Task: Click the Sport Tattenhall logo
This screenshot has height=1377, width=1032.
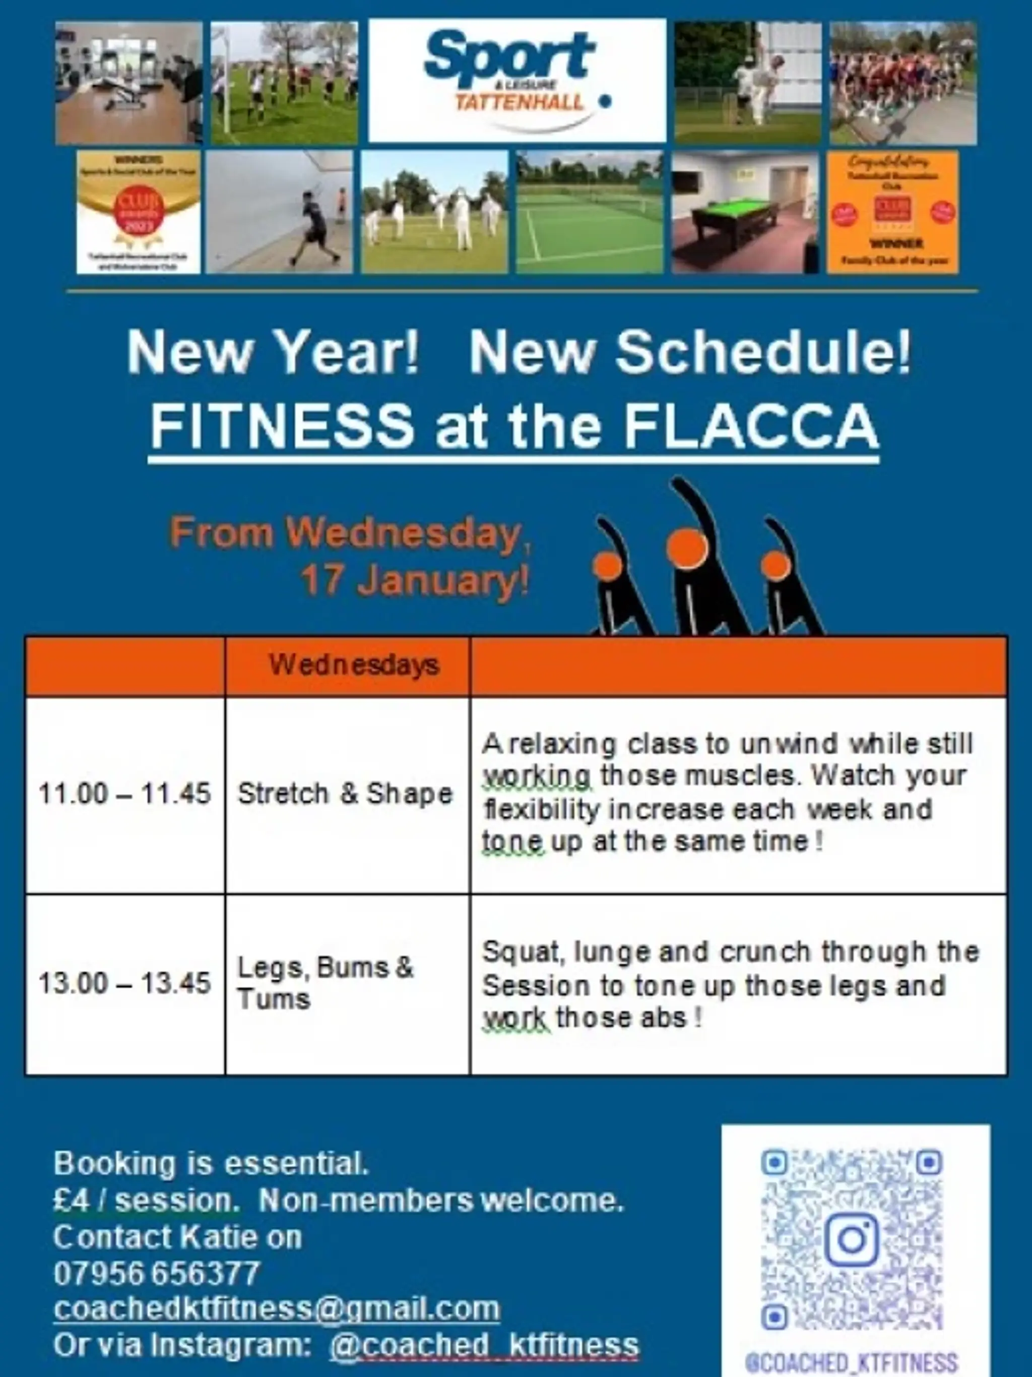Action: [517, 80]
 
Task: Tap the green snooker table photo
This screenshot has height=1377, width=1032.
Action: [745, 212]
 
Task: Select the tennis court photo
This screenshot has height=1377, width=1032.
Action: [589, 212]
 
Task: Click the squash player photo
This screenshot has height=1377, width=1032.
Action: [279, 212]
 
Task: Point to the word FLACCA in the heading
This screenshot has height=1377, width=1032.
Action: [751, 427]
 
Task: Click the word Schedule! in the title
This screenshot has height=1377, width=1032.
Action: [763, 352]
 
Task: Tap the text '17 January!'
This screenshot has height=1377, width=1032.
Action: [415, 580]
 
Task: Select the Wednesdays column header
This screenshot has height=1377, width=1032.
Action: [354, 665]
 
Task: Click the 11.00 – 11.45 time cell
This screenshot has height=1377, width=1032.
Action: [125, 794]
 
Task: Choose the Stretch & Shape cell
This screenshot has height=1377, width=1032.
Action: [345, 794]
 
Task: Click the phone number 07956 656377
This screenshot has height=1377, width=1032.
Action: [156, 1274]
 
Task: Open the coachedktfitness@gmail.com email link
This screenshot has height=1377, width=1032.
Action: [277, 1308]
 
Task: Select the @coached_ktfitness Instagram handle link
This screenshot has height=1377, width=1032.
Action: [484, 1345]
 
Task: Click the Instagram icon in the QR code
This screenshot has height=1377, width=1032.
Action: [852, 1239]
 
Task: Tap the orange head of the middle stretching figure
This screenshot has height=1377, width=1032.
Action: [687, 549]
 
